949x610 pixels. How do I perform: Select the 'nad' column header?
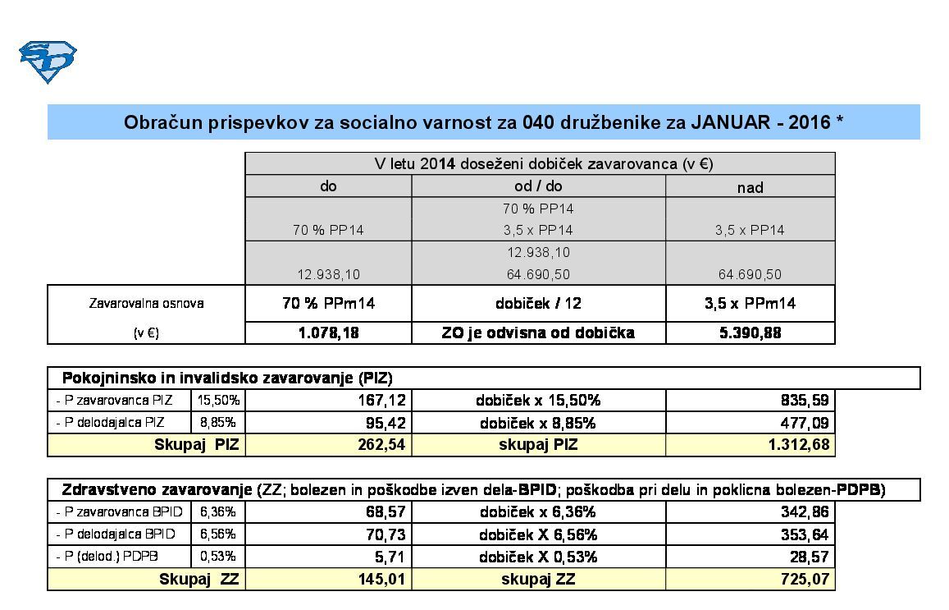(x=750, y=187)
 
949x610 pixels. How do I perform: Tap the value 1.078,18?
(x=328, y=333)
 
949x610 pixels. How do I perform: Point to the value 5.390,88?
(x=750, y=333)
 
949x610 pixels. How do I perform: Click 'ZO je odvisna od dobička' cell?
(x=538, y=333)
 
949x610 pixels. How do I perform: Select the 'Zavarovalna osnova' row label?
(x=146, y=303)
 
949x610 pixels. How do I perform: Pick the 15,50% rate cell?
(x=218, y=401)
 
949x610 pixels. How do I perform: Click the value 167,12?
(x=385, y=401)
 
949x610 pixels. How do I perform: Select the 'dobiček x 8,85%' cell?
(x=538, y=424)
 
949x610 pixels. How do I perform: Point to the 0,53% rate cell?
(x=218, y=557)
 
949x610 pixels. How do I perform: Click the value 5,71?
(x=393, y=557)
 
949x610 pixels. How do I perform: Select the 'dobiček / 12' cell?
(x=538, y=303)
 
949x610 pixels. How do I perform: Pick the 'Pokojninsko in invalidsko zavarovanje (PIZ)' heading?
(x=227, y=378)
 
